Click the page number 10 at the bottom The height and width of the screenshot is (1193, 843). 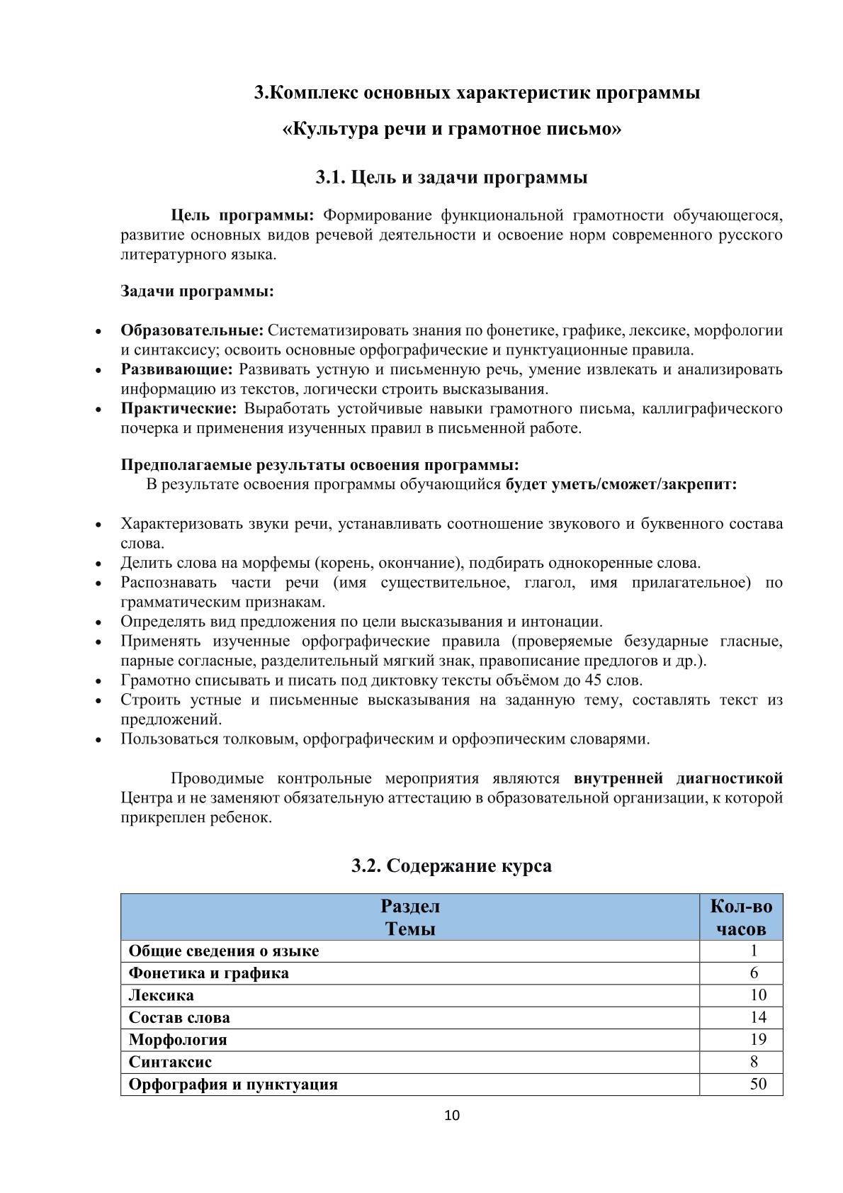pyautogui.click(x=452, y=1115)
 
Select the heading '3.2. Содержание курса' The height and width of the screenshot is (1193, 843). pyautogui.click(x=451, y=866)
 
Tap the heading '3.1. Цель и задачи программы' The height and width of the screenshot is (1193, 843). pyautogui.click(x=451, y=177)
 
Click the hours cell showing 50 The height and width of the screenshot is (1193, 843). pyautogui.click(x=758, y=1084)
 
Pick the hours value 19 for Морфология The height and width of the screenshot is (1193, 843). pyautogui.click(x=758, y=1039)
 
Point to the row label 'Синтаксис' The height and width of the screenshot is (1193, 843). pyautogui.click(x=170, y=1062)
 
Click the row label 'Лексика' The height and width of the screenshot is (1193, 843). pyautogui.click(x=161, y=995)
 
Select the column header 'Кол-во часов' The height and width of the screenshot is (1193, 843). pyautogui.click(x=741, y=917)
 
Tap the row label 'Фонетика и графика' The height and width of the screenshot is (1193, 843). pyautogui.click(x=209, y=973)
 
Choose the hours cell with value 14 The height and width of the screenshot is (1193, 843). pyautogui.click(x=758, y=1017)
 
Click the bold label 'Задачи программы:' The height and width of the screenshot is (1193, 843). pyautogui.click(x=197, y=291)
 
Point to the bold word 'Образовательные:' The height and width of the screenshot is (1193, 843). pyautogui.click(x=192, y=330)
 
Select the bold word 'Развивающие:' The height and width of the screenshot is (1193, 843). pyautogui.click(x=176, y=369)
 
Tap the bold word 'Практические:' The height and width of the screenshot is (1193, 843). pyautogui.click(x=179, y=408)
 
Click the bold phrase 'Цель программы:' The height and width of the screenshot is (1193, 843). pyautogui.click(x=242, y=215)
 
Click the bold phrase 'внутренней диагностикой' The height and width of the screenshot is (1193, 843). pyautogui.click(x=678, y=778)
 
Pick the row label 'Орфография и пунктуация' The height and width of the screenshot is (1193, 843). pyautogui.click(x=233, y=1085)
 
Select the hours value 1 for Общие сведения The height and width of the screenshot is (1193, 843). pyautogui.click(x=754, y=951)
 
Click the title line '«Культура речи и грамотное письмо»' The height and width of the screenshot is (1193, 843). pyautogui.click(x=452, y=130)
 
